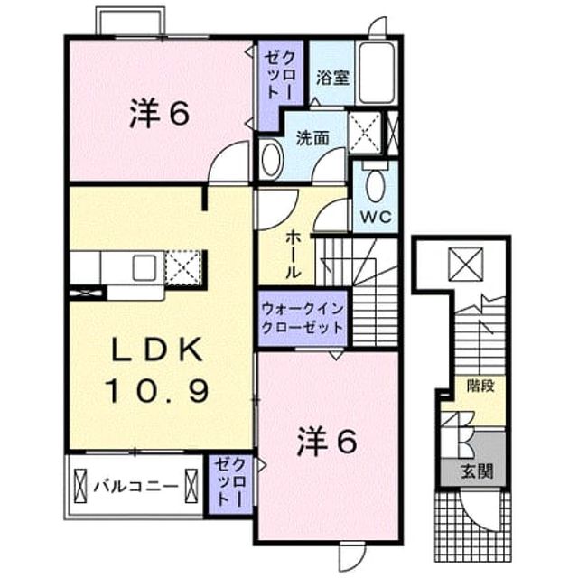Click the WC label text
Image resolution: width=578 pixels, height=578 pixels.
click(376, 217)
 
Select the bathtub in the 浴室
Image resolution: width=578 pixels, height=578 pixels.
click(377, 73)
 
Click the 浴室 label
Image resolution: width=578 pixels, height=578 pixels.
click(333, 78)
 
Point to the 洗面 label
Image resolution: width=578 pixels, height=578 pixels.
click(312, 138)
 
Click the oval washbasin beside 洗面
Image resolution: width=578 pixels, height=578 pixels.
click(272, 159)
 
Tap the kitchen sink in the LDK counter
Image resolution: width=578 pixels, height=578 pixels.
click(144, 267)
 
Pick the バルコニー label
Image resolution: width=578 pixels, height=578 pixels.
click(135, 487)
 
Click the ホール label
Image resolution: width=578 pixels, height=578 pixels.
click(294, 255)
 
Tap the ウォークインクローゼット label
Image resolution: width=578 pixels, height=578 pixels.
click(303, 319)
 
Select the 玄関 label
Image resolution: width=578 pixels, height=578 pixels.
click(477, 471)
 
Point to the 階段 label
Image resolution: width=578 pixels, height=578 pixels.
click(480, 386)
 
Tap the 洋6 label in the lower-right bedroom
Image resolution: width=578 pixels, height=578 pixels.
click(327, 443)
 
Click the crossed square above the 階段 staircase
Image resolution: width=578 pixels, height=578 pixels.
click(466, 264)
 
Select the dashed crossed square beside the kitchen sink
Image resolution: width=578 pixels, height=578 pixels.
click(183, 268)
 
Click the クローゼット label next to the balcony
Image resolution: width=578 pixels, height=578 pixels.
click(229, 482)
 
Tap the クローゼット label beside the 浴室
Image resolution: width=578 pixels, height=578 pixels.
click(280, 76)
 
